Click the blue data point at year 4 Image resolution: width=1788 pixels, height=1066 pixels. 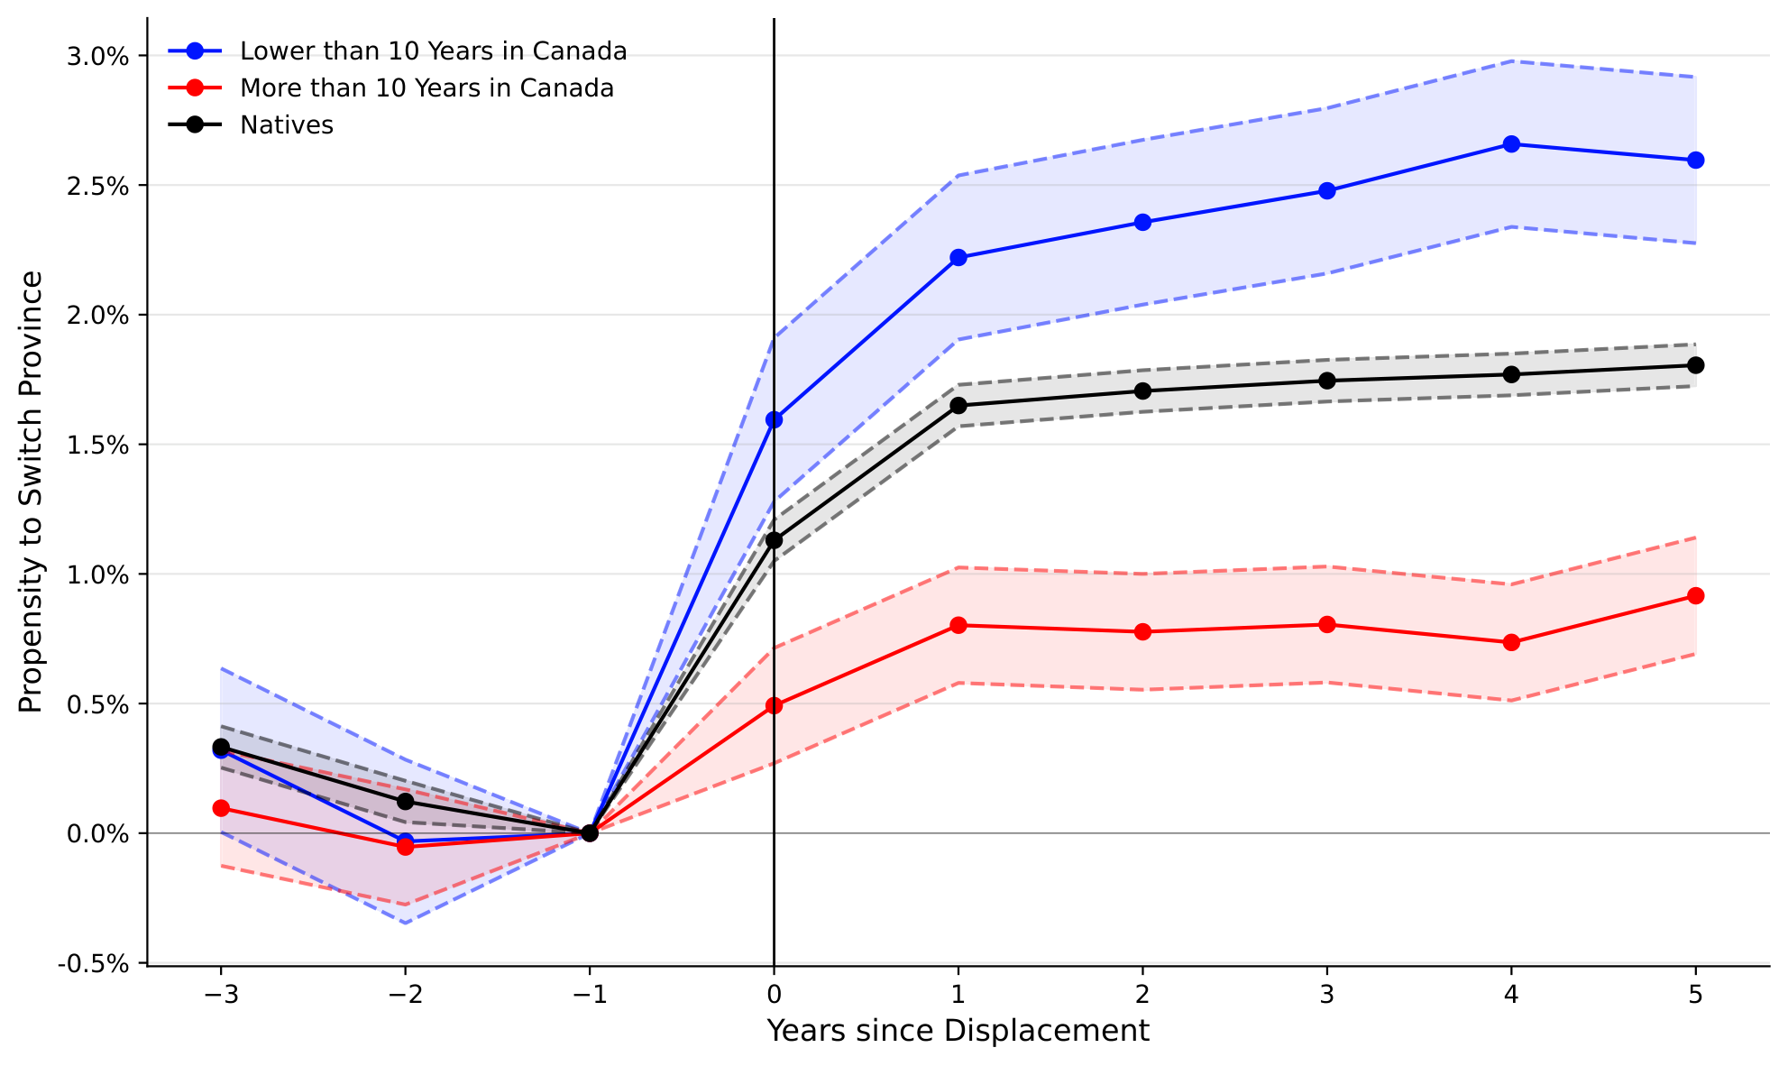coord(1511,144)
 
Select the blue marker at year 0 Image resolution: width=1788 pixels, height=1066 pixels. coord(774,419)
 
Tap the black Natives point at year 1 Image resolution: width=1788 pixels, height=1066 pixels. coord(958,406)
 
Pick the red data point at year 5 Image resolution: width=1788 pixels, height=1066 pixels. coord(1695,596)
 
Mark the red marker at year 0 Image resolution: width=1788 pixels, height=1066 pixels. coord(774,706)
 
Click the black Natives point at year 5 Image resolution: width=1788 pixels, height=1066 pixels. coord(1695,365)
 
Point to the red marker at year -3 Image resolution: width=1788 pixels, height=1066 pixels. coord(221,808)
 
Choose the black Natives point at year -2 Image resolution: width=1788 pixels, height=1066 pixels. coord(405,802)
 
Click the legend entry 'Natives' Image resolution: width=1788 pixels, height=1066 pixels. coord(286,125)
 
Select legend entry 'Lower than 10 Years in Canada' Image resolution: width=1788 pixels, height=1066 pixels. coord(433,51)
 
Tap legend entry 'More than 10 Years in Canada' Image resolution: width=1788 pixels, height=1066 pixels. coord(426,88)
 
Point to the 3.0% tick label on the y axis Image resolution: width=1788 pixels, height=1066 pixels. coord(97,57)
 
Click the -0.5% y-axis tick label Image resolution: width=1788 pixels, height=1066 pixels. coord(94,964)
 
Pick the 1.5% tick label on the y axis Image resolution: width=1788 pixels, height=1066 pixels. coord(97,446)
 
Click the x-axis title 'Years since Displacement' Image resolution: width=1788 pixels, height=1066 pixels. coord(958,1031)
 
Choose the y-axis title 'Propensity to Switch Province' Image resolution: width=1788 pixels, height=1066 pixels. coord(31,492)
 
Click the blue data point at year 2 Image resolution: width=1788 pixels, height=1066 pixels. coord(1142,223)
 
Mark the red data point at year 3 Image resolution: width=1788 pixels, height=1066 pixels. coord(1327,625)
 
